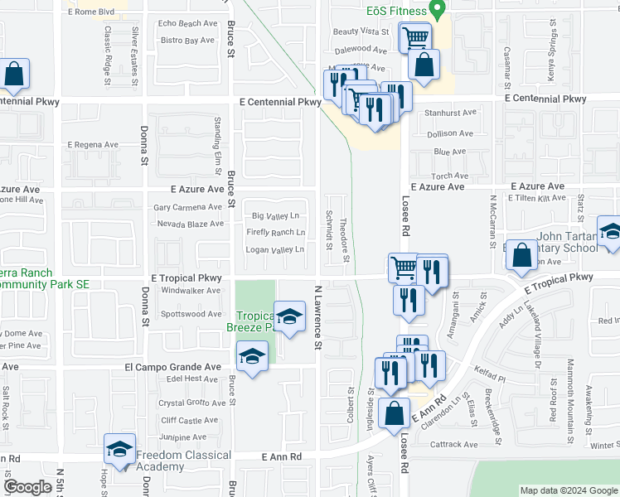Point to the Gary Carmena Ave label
tap(188, 207)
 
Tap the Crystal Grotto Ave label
tap(191, 403)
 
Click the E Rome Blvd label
tap(93, 12)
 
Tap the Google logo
tap(28, 487)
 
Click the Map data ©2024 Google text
tap(569, 490)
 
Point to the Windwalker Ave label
tap(191, 291)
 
